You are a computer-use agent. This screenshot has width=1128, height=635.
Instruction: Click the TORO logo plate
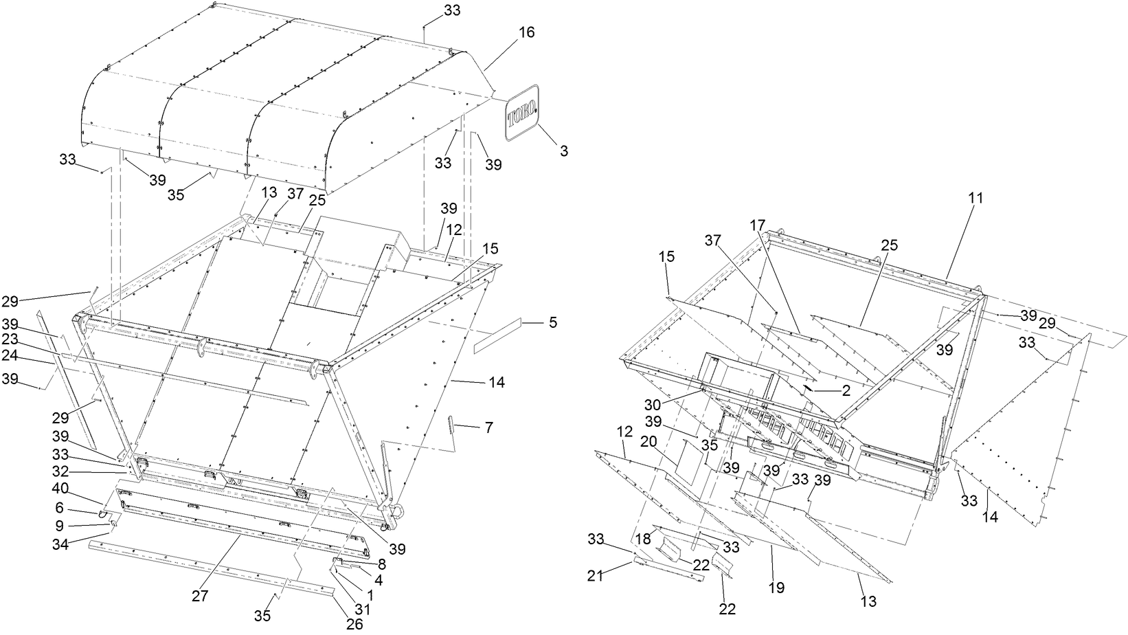point(523,113)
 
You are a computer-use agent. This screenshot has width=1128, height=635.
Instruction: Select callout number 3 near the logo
point(564,151)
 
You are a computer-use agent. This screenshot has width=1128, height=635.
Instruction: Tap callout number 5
point(553,322)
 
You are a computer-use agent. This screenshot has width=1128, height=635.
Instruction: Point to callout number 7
point(488,428)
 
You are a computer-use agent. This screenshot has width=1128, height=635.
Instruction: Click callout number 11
point(976,198)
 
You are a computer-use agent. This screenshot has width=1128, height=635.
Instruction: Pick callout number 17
point(756,225)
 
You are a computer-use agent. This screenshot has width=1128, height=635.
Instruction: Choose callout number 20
point(648,443)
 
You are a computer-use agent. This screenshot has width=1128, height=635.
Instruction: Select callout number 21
point(595,575)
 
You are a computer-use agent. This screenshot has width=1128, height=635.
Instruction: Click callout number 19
point(777,588)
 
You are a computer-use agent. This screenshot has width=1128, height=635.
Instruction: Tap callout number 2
point(846,390)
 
